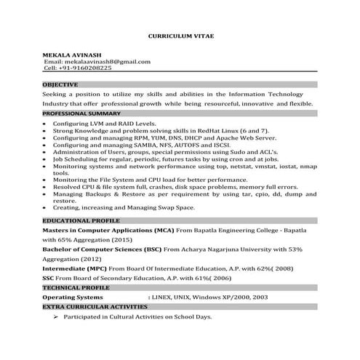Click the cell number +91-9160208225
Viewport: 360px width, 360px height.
pyautogui.click(x=87, y=68)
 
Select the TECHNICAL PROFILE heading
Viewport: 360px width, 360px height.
pyautogui.click(x=73, y=287)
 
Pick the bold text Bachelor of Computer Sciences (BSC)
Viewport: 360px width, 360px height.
pyautogui.click(x=102, y=249)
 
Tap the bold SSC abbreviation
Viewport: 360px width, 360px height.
pyautogui.click(x=48, y=278)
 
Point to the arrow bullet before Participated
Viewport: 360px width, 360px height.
pyautogui.click(x=55, y=318)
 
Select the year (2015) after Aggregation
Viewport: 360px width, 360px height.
pyautogui.click(x=122, y=239)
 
